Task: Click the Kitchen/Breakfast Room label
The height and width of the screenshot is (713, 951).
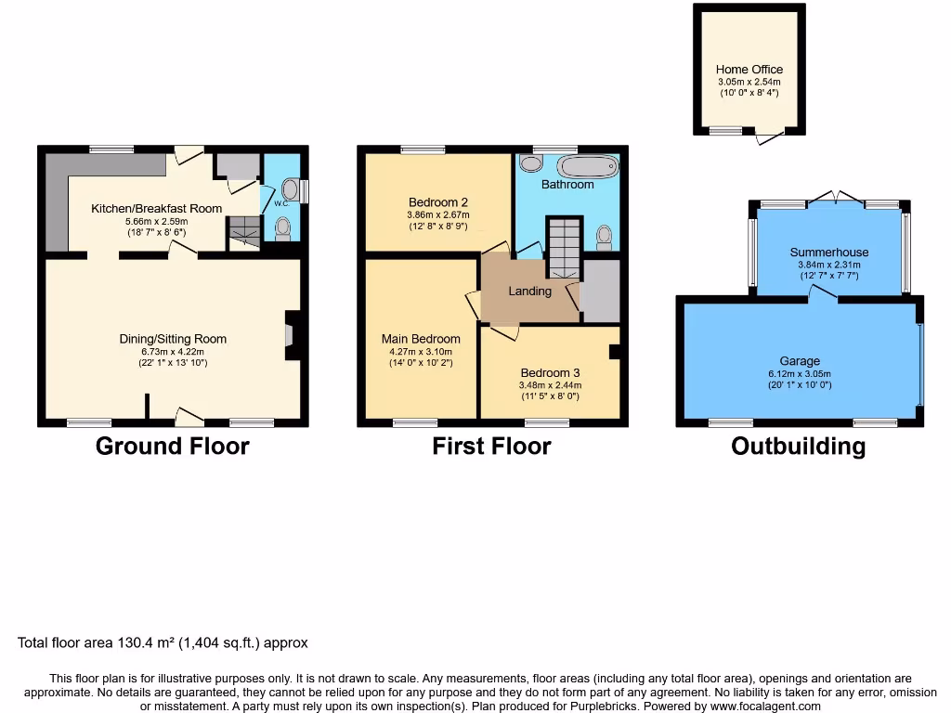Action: coord(157,209)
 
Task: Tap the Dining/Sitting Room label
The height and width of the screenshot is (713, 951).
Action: coord(173,339)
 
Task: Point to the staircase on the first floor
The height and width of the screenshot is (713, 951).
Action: coord(562,246)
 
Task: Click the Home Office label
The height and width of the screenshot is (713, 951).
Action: coord(749,70)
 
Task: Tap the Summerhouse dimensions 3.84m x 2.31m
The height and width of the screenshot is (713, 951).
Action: coord(829,264)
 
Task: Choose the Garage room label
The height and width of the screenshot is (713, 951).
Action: coord(800,361)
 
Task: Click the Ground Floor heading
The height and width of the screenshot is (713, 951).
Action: coord(173,447)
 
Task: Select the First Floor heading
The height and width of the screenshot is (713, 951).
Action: coord(491,447)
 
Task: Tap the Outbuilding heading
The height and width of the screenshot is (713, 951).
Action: coord(798,447)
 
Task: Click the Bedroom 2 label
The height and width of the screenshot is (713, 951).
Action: coord(437,202)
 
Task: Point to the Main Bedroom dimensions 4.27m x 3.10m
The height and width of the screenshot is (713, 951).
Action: coord(421,352)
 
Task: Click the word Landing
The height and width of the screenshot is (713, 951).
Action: coord(529,292)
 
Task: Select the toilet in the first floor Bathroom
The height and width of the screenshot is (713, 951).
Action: coord(604,239)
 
